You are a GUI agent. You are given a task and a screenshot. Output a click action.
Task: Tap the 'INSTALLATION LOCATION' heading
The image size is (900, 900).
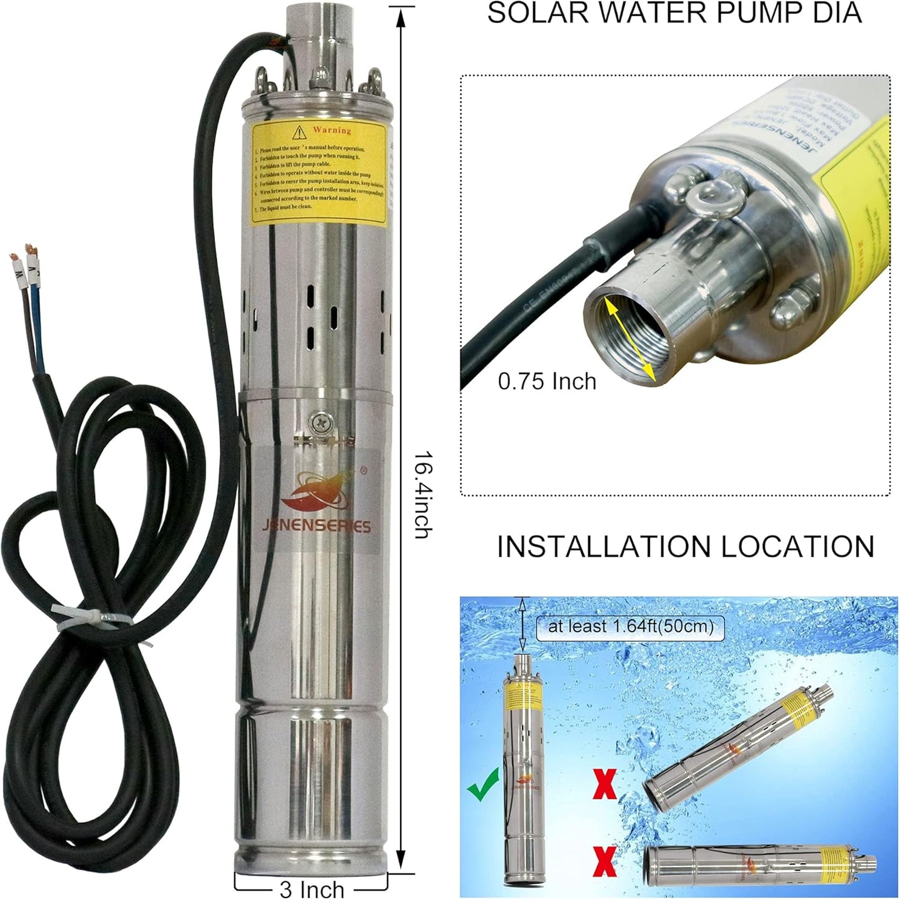tap(685, 546)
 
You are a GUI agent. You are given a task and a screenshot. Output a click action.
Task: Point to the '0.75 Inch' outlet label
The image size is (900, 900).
tap(547, 380)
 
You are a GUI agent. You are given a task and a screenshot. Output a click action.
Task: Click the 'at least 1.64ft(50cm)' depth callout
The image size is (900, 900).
tap(630, 626)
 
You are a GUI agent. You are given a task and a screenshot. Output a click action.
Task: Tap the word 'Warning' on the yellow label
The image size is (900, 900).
tap(331, 130)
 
